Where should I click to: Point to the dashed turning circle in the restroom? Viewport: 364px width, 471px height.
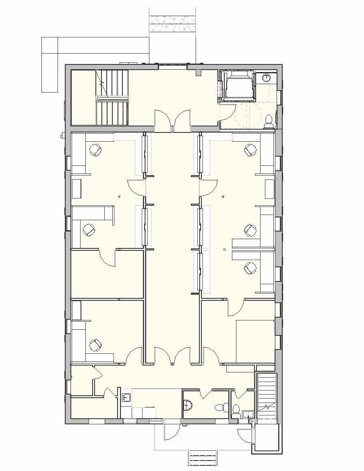pyautogui.click(x=249, y=115)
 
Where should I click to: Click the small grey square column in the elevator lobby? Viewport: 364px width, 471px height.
pyautogui.click(x=198, y=73)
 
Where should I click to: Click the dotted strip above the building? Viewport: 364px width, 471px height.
pyautogui.click(x=172, y=19)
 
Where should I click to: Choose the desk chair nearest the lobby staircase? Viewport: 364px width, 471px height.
pyautogui.click(x=95, y=150)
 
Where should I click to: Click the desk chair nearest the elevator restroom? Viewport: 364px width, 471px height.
pyautogui.click(x=250, y=150)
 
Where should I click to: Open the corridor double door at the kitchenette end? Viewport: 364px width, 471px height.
pyautogui.click(x=172, y=356)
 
